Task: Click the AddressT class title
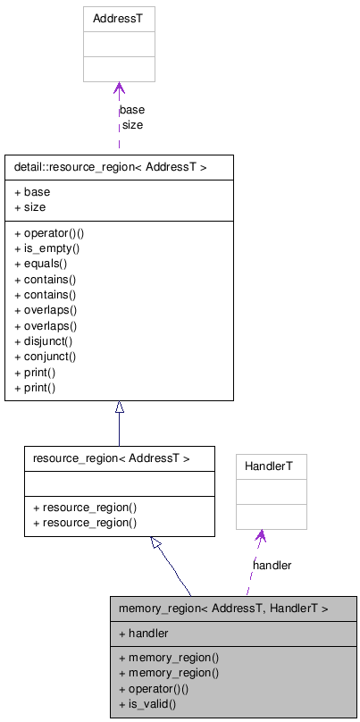click(119, 18)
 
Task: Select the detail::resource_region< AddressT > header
click(111, 167)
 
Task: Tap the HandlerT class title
click(271, 466)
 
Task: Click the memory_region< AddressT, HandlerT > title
click(223, 609)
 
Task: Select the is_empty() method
click(47, 248)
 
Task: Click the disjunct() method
click(44, 340)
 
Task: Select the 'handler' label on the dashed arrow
click(272, 565)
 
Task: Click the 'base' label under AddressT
click(132, 110)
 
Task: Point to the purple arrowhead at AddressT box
click(119, 88)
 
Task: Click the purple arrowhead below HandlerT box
click(260, 536)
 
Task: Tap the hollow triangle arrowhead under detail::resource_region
click(119, 407)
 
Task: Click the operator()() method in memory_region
click(154, 688)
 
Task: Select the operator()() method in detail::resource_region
click(50, 233)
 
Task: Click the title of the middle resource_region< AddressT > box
click(111, 458)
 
